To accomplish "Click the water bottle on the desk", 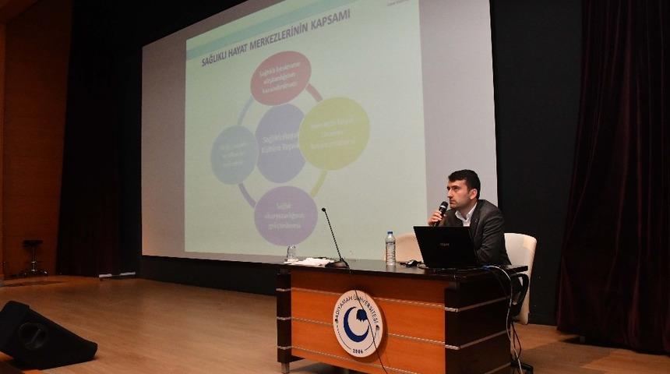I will coord(390,249).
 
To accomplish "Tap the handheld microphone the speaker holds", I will coord(442,210).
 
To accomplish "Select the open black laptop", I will coord(445,247).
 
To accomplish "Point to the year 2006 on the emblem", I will coord(358,351).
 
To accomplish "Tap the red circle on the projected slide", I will coord(280,78).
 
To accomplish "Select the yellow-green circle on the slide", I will coord(333,133).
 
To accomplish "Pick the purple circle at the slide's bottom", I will coord(286,215).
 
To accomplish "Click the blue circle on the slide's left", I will coord(234,154).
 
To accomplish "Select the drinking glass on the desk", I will coord(291,253).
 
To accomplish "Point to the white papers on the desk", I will coord(311,261).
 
